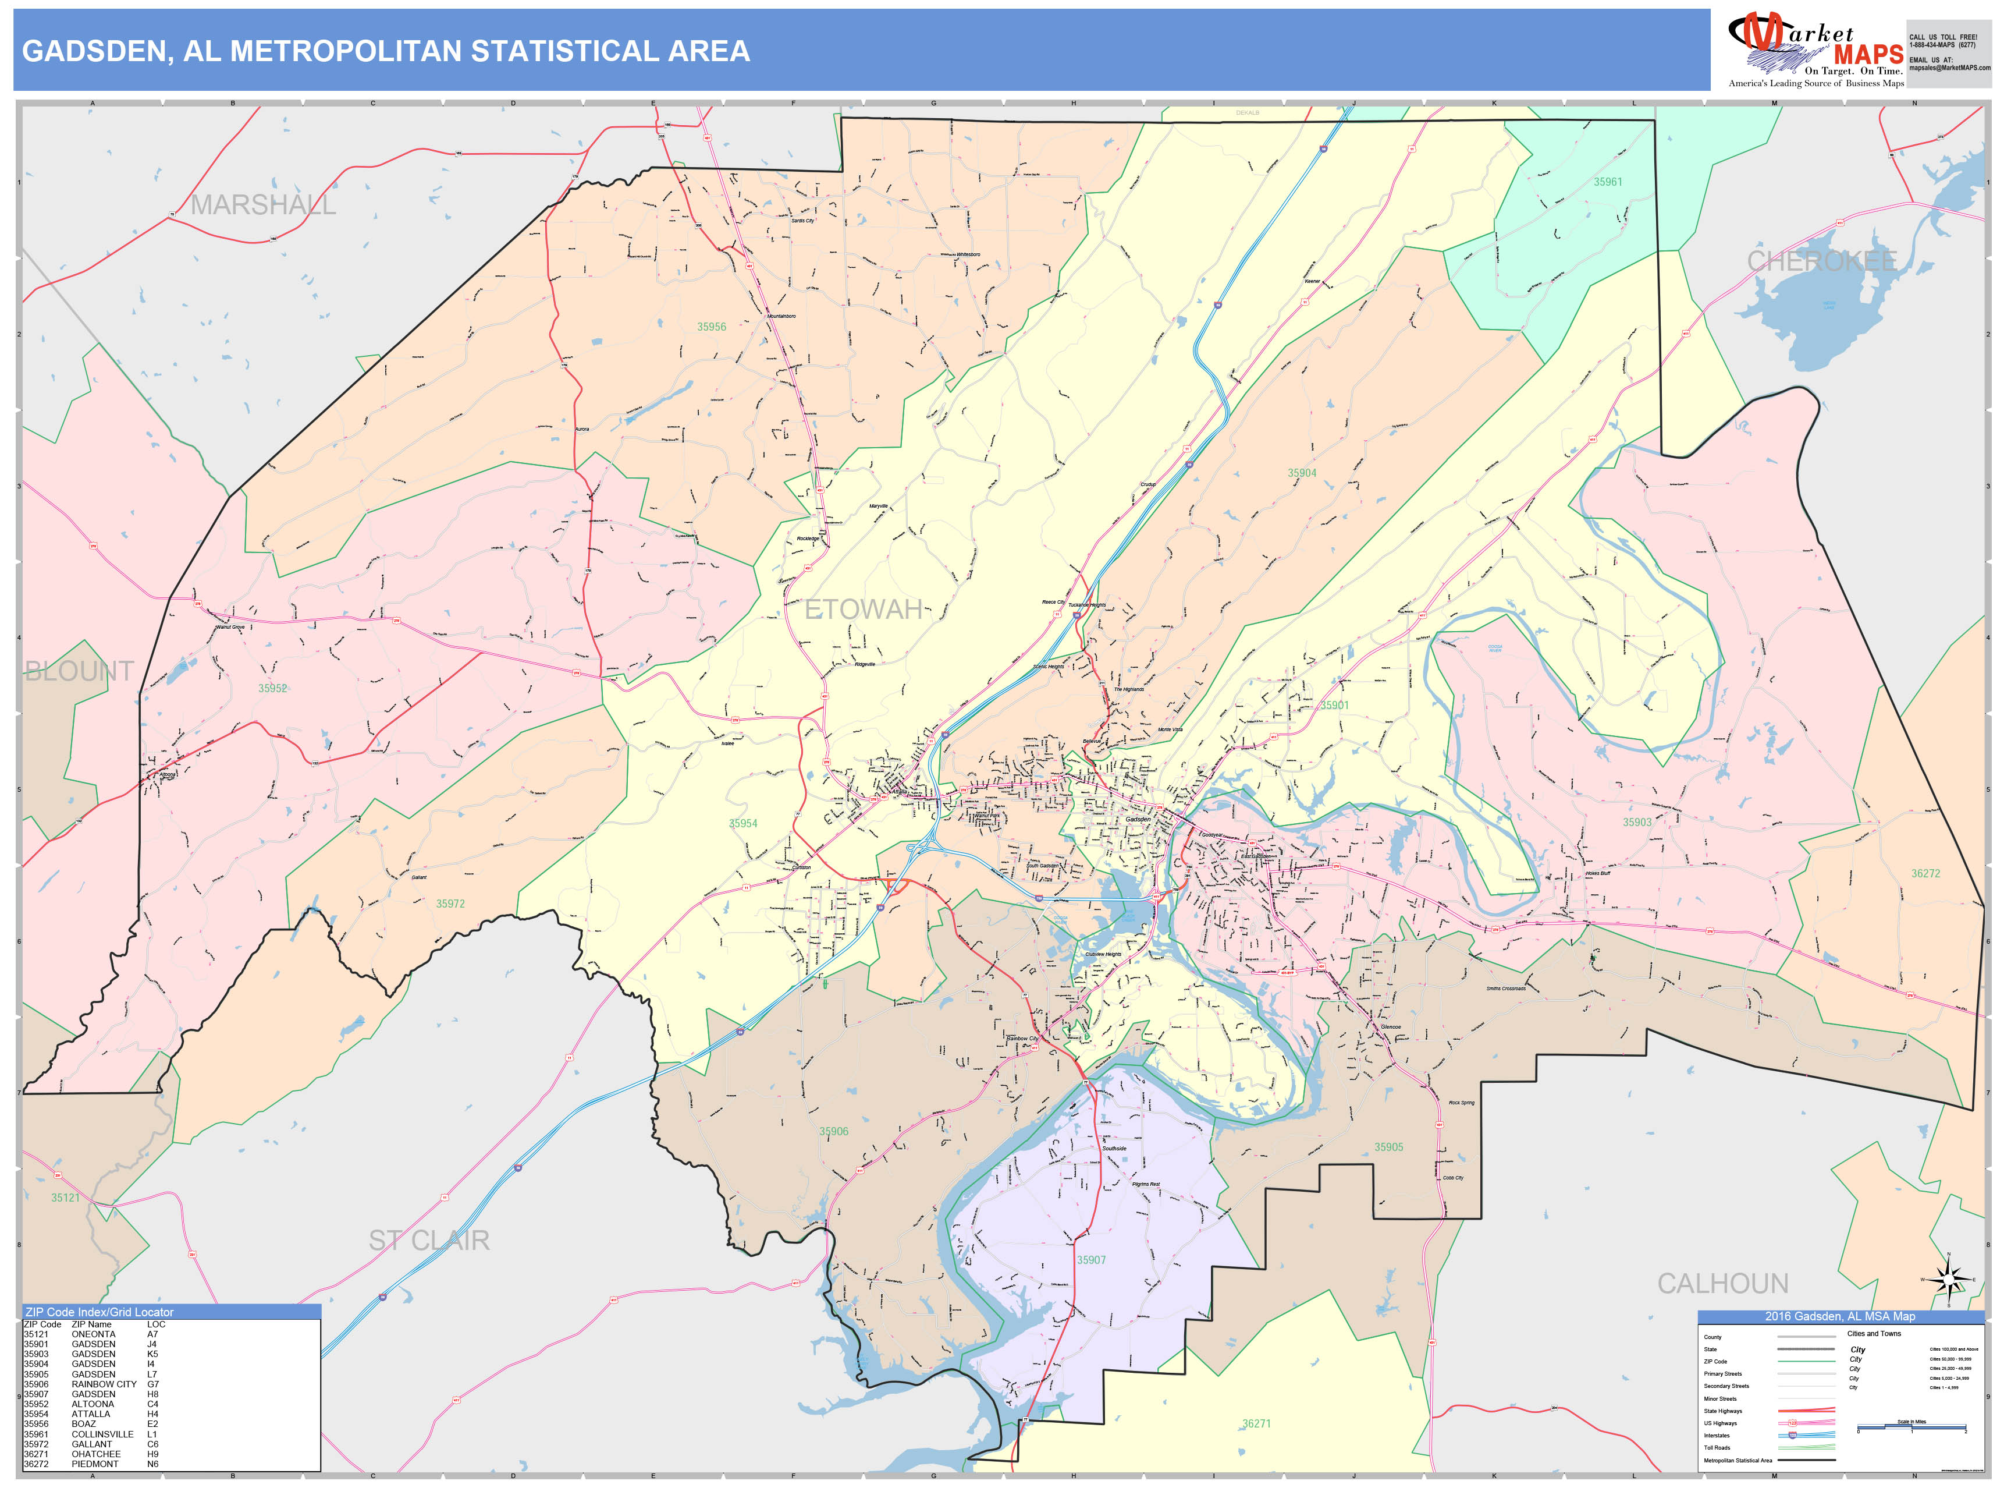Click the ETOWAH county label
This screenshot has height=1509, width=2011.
pos(863,610)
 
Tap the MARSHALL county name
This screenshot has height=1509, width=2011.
pos(263,206)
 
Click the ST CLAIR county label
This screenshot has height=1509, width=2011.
pos(428,1241)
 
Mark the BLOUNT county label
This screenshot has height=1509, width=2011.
pos(79,671)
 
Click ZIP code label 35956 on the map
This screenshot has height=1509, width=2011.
pos(711,327)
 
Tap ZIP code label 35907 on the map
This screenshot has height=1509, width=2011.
pos(1091,1260)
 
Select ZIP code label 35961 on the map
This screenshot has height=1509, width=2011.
pos(1607,182)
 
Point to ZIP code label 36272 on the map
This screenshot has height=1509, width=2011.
pos(1925,873)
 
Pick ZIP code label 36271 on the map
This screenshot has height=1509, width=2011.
pos(1256,1423)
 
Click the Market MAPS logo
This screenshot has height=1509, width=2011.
pos(1815,51)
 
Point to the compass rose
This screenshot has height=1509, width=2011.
pos(1948,1280)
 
